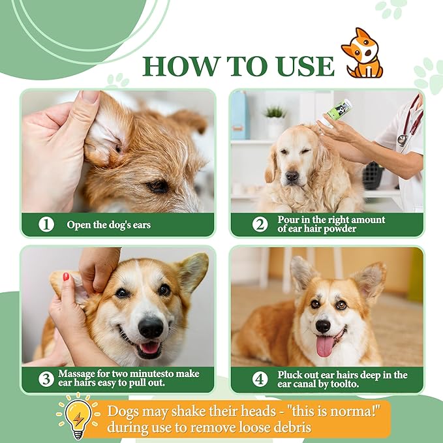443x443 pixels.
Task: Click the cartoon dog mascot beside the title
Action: point(362,53)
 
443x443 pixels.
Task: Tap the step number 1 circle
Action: point(46,224)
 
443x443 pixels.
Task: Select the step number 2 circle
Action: point(260,224)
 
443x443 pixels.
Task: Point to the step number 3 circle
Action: point(46,379)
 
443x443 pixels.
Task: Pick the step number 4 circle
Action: point(260,379)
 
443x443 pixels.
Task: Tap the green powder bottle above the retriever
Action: point(337,110)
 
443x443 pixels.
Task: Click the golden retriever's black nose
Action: point(292,176)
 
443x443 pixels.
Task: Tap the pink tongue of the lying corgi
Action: point(325,346)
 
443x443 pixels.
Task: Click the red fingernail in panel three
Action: point(66,277)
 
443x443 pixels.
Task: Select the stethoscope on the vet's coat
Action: point(410,124)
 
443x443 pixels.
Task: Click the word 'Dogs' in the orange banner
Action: point(123,411)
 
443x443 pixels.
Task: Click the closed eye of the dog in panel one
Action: point(157,186)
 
